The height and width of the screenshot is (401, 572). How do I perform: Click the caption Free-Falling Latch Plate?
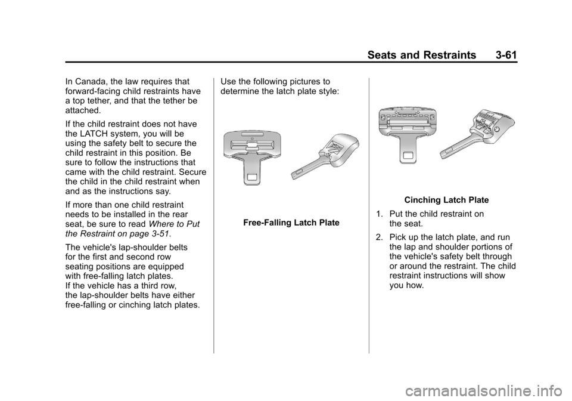point(291,223)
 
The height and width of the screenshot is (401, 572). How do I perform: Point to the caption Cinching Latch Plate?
point(446,200)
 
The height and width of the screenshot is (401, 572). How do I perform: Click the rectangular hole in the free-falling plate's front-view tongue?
point(253,178)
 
